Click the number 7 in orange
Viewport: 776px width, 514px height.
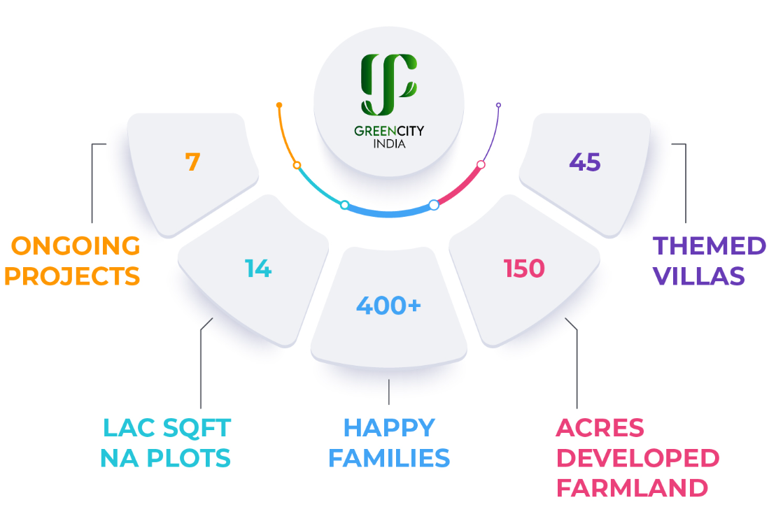pos(192,162)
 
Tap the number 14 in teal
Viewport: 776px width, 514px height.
pos(258,268)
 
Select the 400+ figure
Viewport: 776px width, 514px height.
pos(388,305)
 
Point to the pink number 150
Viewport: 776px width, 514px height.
pos(524,268)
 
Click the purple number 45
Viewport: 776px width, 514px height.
pos(585,162)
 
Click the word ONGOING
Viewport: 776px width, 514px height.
pos(76,246)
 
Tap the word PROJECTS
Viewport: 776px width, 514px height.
pos(72,276)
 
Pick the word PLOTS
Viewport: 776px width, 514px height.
pos(188,458)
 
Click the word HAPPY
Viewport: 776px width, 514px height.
pos(389,428)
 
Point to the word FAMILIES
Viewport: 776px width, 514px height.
pos(389,458)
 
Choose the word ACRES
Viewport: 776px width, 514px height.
pos(600,428)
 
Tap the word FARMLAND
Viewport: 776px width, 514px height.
pos(632,488)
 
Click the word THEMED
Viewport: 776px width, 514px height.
pos(710,246)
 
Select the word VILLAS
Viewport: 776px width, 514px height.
pos(699,276)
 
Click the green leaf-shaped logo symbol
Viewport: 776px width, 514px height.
pos(389,84)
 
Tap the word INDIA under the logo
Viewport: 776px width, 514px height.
pos(390,144)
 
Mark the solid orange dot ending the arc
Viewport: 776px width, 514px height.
pos(279,105)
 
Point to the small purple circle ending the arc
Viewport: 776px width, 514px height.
pos(498,105)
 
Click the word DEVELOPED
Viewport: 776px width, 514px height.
pos(638,458)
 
